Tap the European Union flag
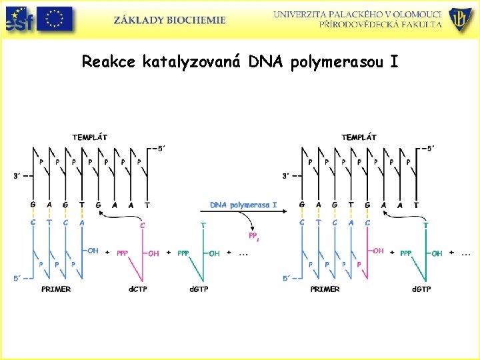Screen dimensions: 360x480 pyautogui.click(x=55, y=19)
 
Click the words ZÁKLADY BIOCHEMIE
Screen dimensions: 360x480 pyautogui.click(x=169, y=20)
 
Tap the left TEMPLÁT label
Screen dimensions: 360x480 pyautogui.click(x=89, y=137)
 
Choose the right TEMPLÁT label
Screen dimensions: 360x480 pyautogui.click(x=359, y=137)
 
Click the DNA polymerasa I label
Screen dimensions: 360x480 pyautogui.click(x=243, y=205)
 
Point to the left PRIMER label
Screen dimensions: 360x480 pyautogui.click(x=56, y=289)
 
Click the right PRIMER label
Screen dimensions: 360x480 pyautogui.click(x=325, y=289)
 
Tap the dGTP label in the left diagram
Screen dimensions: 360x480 pyautogui.click(x=203, y=289)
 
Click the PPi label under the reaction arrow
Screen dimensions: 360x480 pyautogui.click(x=253, y=237)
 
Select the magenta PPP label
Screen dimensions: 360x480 pyautogui.click(x=123, y=253)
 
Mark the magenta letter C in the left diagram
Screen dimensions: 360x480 pyautogui.click(x=142, y=225)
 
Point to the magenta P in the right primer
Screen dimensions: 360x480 pyautogui.click(x=359, y=264)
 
